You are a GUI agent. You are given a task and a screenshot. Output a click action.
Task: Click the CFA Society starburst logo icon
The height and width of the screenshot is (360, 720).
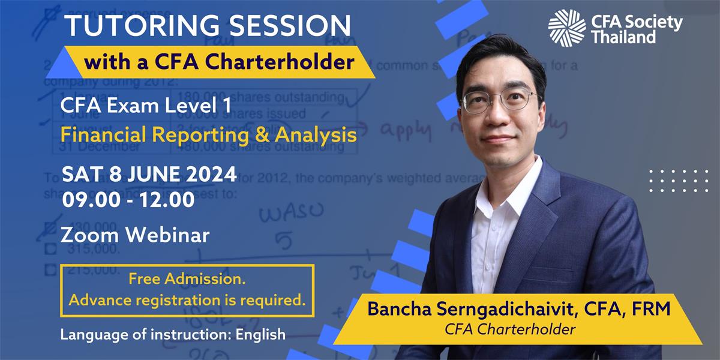[566, 28]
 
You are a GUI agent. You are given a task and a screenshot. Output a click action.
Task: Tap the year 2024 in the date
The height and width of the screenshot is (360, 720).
[208, 175]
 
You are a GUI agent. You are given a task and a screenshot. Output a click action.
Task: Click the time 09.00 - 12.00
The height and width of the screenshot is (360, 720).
[128, 199]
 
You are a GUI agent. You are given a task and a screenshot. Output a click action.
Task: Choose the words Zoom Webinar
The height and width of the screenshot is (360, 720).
[135, 235]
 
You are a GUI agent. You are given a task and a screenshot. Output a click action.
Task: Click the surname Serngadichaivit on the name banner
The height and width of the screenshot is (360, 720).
[497, 309]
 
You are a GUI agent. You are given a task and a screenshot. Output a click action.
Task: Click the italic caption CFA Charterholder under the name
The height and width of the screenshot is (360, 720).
[509, 329]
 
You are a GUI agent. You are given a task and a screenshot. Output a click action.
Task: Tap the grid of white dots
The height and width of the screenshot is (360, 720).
[678, 181]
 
